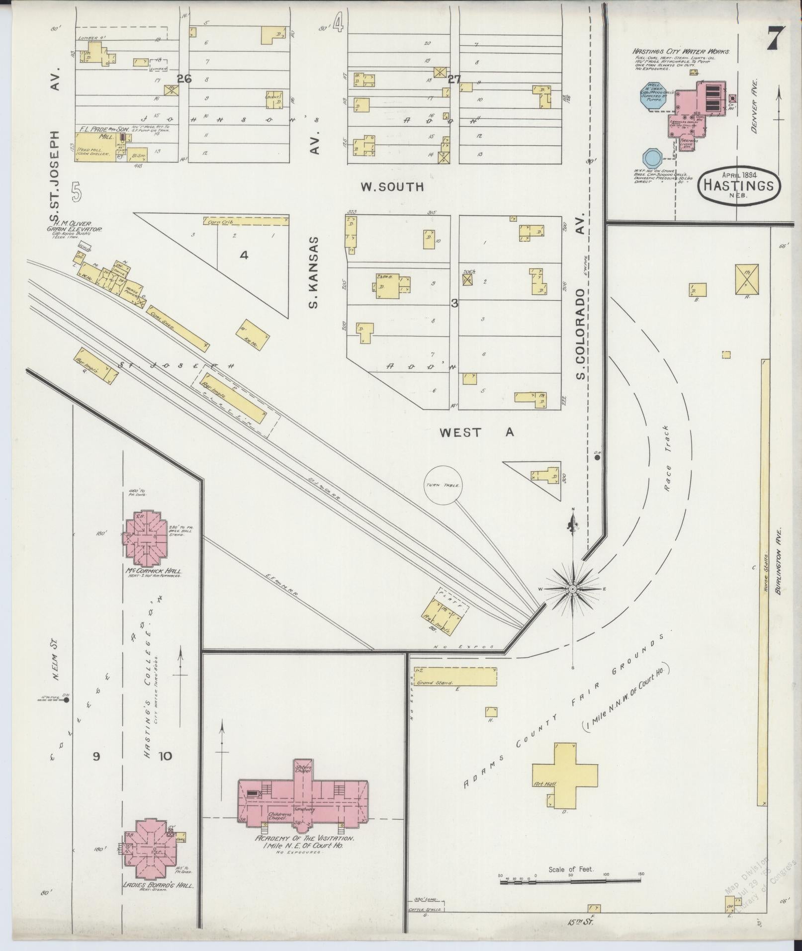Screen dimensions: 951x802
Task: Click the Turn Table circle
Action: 443,485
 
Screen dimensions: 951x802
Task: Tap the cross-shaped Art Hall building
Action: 565,785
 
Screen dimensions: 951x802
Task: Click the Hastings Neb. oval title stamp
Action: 739,185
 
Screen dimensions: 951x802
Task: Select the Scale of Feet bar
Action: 570,881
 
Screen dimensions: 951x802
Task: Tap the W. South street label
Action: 392,187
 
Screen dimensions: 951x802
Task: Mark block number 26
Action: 184,79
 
